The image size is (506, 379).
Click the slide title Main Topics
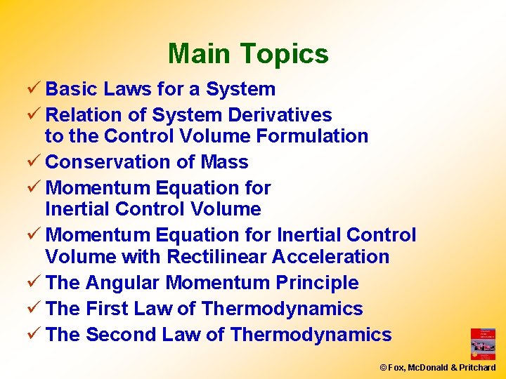pos(248,54)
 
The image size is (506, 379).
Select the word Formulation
pos(313,136)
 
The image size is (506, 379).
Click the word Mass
pos(224,162)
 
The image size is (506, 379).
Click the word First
pos(107,309)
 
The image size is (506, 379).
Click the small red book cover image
pos(483,344)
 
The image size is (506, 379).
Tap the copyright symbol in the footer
pos(383,368)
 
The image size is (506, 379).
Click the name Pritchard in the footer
pos(478,368)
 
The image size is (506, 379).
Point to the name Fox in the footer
pos(394,368)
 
